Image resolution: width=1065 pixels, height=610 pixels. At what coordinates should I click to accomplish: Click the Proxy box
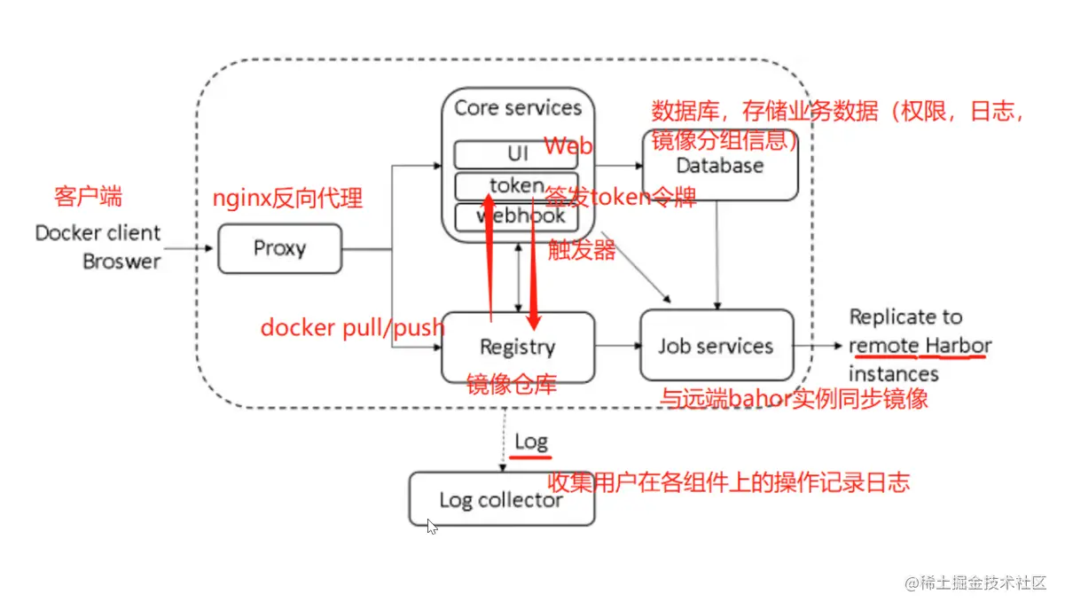(x=279, y=248)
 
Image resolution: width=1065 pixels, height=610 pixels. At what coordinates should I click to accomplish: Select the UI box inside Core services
(x=516, y=154)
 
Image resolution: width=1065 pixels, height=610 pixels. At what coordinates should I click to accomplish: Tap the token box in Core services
(x=516, y=185)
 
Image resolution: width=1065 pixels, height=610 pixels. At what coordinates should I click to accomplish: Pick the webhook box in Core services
(x=516, y=216)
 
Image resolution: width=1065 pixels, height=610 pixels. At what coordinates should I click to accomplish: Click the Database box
(x=720, y=166)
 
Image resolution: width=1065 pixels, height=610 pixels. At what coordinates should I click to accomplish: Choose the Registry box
(x=518, y=347)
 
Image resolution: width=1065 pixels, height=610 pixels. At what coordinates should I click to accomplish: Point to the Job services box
(x=716, y=346)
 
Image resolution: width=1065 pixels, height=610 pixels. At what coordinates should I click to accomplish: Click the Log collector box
(x=501, y=499)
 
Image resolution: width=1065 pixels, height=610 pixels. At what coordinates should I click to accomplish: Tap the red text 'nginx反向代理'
(x=288, y=199)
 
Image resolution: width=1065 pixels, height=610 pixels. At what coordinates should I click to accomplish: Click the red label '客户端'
(x=88, y=196)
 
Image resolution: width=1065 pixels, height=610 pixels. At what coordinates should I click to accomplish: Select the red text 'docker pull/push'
(x=351, y=328)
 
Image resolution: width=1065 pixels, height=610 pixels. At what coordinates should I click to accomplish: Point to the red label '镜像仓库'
(x=512, y=384)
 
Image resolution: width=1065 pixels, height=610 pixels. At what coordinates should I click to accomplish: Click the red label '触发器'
(x=581, y=250)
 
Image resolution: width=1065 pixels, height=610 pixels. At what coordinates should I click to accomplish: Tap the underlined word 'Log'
(x=531, y=441)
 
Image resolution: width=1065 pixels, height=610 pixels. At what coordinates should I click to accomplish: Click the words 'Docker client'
(x=98, y=233)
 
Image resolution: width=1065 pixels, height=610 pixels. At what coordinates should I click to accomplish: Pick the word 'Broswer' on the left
(x=121, y=262)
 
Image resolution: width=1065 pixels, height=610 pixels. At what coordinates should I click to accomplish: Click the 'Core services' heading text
(x=518, y=108)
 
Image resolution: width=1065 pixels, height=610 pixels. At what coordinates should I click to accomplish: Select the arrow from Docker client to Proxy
(x=190, y=248)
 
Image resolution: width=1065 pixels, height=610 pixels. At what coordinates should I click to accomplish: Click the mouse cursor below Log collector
(x=432, y=526)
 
